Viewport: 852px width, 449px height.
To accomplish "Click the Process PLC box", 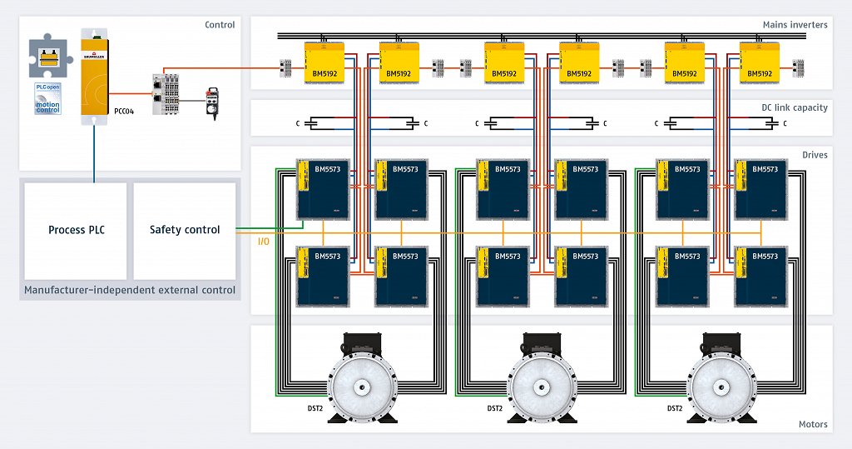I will click(x=76, y=230).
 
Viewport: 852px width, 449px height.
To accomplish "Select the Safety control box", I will click(x=185, y=230).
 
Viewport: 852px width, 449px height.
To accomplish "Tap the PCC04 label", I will click(x=124, y=110).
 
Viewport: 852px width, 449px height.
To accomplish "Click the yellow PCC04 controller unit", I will click(x=95, y=75).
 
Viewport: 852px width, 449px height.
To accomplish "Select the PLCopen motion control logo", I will click(x=47, y=98).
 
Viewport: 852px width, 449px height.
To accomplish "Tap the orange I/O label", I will click(x=264, y=242).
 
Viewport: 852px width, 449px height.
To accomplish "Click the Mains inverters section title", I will click(x=795, y=25).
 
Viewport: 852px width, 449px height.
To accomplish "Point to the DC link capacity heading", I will click(x=795, y=107).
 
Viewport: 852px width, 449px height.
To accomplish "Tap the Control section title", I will click(x=220, y=25).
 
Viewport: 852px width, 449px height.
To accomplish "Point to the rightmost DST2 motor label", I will click(x=675, y=408).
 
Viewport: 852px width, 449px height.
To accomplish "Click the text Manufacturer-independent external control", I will click(x=130, y=290).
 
